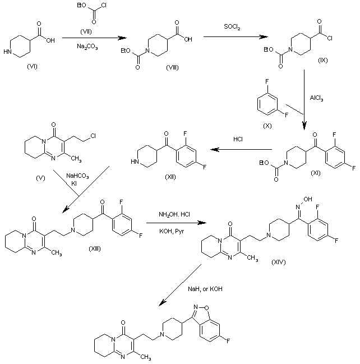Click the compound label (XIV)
click(x=279, y=262)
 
